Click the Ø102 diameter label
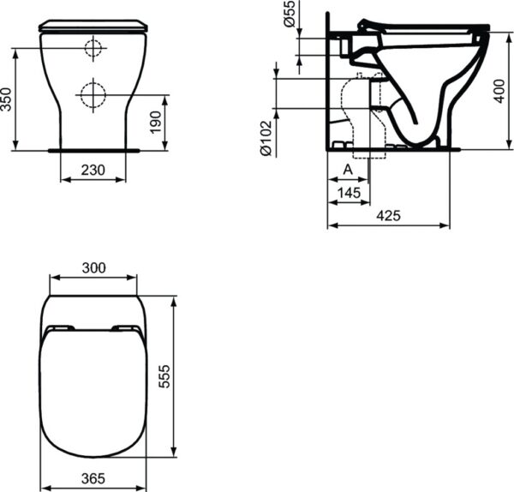pos(266,137)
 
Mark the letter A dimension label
pos(347,170)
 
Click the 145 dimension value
pos(348,193)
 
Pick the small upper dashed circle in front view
pos(93,49)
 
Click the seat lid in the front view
pos(93,27)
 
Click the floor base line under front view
pos(93,149)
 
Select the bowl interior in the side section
pos(420,86)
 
